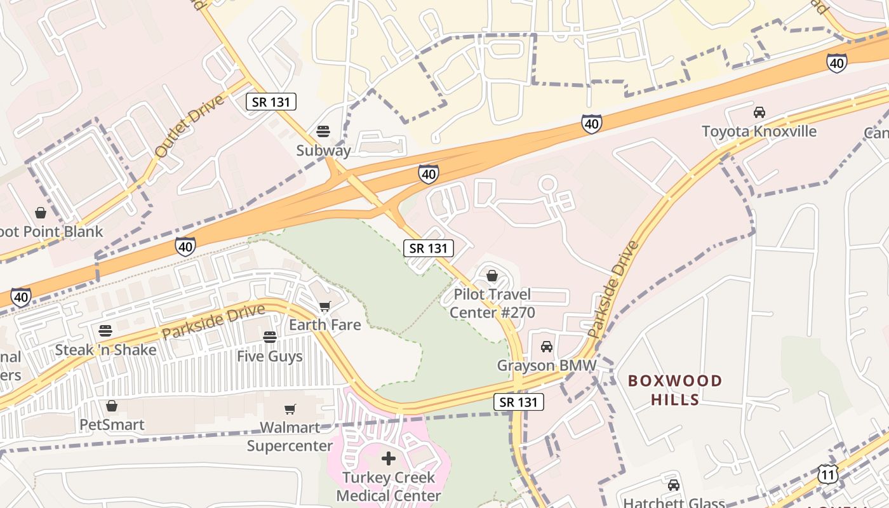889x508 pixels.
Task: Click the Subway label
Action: [x=323, y=150]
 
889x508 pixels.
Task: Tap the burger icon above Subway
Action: [x=323, y=132]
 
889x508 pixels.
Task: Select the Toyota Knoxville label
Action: [x=759, y=131]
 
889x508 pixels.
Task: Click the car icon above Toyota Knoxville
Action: [x=759, y=112]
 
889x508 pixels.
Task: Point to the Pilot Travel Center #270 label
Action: [x=492, y=304]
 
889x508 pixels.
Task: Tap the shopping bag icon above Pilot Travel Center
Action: [x=491, y=276]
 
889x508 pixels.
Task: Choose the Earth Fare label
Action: [x=324, y=325]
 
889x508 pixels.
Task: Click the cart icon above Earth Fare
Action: [x=324, y=307]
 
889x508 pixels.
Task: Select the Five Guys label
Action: [x=270, y=356]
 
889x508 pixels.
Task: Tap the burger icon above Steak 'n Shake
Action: [x=105, y=331]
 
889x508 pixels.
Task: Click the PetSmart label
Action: [x=112, y=425]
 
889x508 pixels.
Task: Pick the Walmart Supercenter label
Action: [x=290, y=436]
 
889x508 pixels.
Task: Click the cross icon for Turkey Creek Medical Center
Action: [x=389, y=458]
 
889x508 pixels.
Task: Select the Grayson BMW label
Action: [x=546, y=366]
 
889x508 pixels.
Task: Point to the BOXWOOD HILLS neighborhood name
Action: [x=675, y=390]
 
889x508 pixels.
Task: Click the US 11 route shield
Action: [x=827, y=474]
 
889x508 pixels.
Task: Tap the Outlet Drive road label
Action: [x=190, y=126]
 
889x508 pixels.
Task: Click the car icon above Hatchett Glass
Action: [x=674, y=486]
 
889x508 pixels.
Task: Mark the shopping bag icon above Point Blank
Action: [x=41, y=212]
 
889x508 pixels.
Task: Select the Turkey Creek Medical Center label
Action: [x=389, y=486]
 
